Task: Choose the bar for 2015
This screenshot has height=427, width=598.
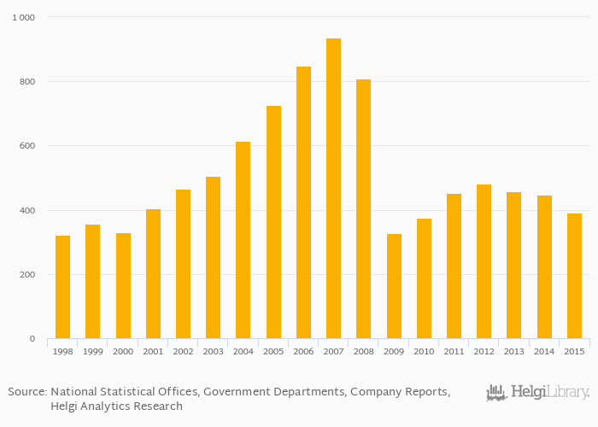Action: point(574,276)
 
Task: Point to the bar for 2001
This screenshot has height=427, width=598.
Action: point(153,273)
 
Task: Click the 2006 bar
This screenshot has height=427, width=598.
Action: point(303,202)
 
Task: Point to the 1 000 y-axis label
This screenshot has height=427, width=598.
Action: point(23,17)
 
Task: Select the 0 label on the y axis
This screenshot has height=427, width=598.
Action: point(32,339)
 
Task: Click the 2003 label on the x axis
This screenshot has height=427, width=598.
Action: point(213,352)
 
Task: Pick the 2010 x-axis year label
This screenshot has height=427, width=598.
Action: point(424,352)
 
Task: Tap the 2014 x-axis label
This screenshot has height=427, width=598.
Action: point(544,352)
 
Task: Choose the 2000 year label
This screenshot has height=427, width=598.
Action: point(123,352)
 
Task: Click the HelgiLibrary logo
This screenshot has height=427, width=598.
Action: point(537,393)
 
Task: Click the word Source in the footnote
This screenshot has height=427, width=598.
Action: point(26,392)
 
